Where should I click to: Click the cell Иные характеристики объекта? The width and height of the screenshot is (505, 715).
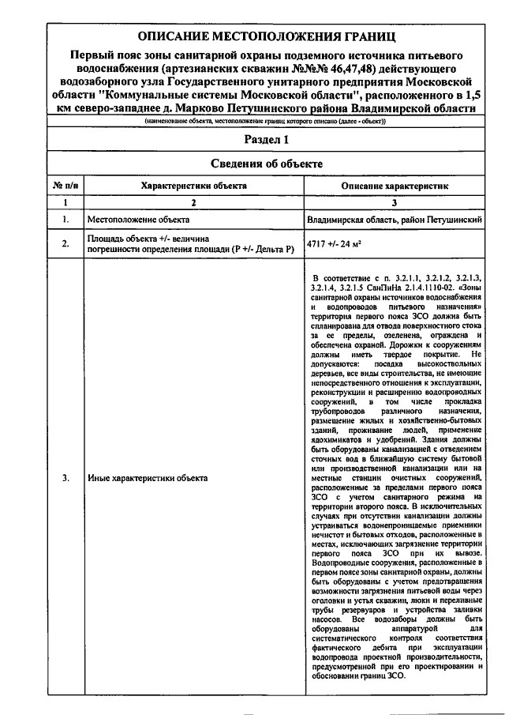coord(148,478)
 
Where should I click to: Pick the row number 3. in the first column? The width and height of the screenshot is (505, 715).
coord(65,478)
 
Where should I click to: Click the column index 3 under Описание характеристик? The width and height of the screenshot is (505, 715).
coord(394,202)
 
